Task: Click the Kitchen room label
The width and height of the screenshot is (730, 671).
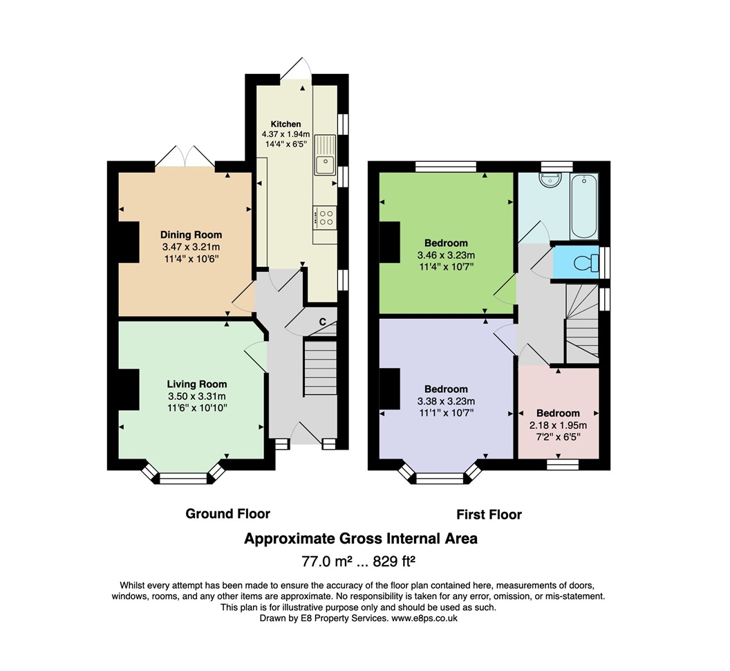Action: pyautogui.click(x=286, y=124)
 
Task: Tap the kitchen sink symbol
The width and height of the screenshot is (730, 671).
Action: pyautogui.click(x=325, y=155)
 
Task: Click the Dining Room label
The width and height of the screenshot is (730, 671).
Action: pyautogui.click(x=191, y=235)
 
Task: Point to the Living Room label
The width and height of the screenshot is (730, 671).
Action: pyautogui.click(x=197, y=384)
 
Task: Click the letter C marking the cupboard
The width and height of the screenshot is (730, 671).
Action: pyautogui.click(x=322, y=322)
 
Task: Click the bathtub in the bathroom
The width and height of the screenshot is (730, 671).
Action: pyautogui.click(x=584, y=206)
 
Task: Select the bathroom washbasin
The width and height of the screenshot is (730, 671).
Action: pyautogui.click(x=551, y=179)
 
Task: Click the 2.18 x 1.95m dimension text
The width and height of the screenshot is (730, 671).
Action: pyautogui.click(x=558, y=425)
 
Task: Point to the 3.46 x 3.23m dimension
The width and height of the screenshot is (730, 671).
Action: pyautogui.click(x=446, y=255)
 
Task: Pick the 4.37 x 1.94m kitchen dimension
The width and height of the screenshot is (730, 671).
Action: pyautogui.click(x=286, y=134)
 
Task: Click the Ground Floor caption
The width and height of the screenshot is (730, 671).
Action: pyautogui.click(x=227, y=513)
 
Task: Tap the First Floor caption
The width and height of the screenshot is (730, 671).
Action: pyautogui.click(x=489, y=515)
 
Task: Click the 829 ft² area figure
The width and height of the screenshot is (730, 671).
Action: pyautogui.click(x=394, y=562)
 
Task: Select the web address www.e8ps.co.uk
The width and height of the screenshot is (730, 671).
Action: pyautogui.click(x=424, y=618)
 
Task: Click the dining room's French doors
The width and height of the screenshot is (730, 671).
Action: pyautogui.click(x=185, y=156)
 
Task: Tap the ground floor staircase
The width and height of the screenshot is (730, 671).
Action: pyautogui.click(x=320, y=368)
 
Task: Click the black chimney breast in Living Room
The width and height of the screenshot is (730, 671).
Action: pyautogui.click(x=129, y=389)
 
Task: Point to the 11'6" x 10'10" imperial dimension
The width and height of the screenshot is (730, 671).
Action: pyautogui.click(x=197, y=408)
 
